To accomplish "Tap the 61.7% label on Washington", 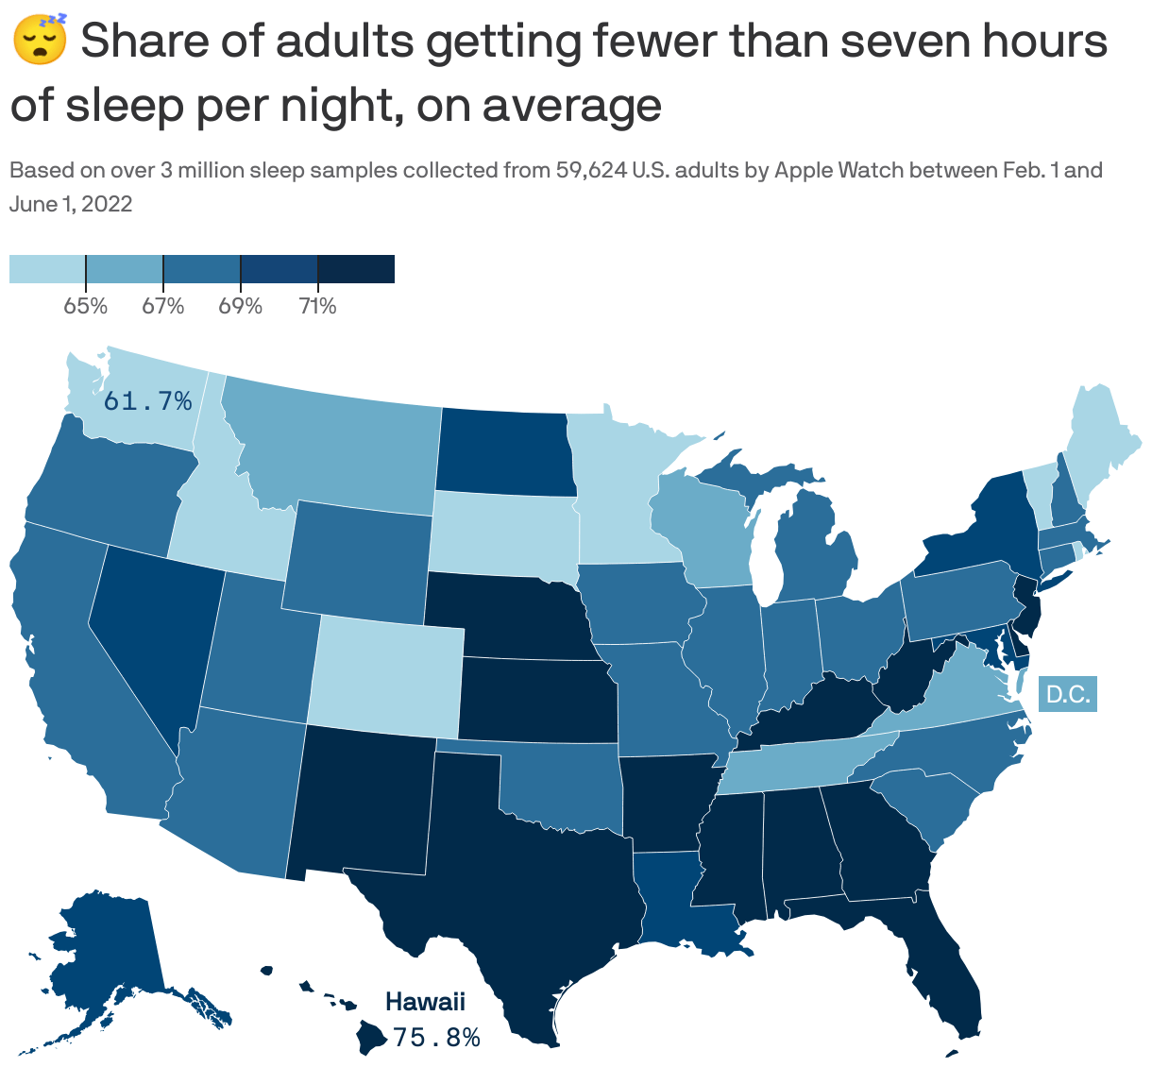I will pos(147,401).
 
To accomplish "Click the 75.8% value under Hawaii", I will pos(436,1038).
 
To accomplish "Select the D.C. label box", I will pos(1068,695).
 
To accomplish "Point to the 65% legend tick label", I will pos(85,306).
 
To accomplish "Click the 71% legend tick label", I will pos(317,306).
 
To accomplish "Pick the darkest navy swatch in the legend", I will pos(356,268).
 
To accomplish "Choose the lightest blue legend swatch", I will pos(47,268).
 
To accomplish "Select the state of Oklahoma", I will pos(557,784).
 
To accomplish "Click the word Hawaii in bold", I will pos(425,1002).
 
